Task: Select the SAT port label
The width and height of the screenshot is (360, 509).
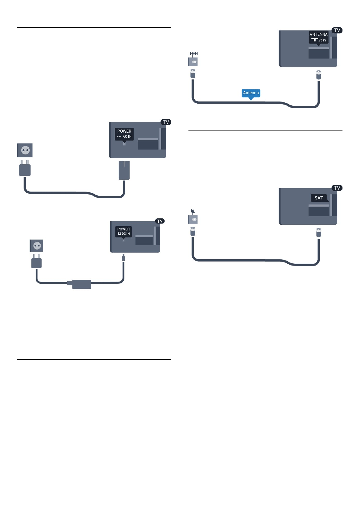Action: coord(319,198)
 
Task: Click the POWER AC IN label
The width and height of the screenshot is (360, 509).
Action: coord(124,135)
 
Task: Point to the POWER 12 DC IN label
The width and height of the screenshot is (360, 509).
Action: coord(123,232)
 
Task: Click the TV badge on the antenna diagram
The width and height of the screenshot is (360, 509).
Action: coord(337,30)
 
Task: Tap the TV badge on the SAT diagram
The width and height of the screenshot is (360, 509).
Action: coord(337,188)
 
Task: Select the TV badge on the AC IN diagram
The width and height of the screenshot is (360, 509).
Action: coord(166,122)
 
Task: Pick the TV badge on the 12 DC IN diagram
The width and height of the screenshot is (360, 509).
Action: coord(160,221)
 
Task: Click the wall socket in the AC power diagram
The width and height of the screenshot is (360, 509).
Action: coord(25,150)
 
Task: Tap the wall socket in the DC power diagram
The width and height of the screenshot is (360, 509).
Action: coord(36,246)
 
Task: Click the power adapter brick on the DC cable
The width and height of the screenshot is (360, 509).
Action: coord(81,284)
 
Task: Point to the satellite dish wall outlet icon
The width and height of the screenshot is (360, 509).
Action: coord(193,217)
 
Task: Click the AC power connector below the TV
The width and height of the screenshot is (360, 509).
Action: coord(124,170)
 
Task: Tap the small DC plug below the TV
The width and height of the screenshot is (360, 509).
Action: coord(123,258)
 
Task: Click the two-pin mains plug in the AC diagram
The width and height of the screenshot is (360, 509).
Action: coord(25,168)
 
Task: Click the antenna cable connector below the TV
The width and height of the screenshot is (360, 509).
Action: coord(319,75)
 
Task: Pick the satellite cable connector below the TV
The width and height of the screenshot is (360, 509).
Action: coord(319,233)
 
